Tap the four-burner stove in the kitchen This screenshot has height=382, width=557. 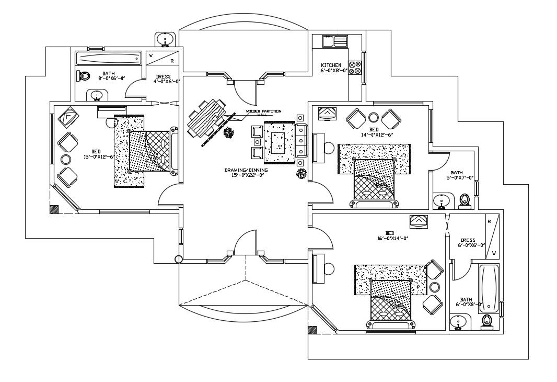coord(355,68)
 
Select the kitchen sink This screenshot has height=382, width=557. coord(335,41)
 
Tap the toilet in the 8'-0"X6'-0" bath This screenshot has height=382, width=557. coord(83,76)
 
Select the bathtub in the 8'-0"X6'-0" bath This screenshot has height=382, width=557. coord(109,59)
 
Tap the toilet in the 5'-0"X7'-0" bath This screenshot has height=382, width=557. coord(464,200)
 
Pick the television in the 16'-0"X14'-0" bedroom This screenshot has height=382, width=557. coord(419,222)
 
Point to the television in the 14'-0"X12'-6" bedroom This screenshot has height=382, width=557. coord(327,113)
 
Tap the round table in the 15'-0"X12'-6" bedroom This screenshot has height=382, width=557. coord(66,159)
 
